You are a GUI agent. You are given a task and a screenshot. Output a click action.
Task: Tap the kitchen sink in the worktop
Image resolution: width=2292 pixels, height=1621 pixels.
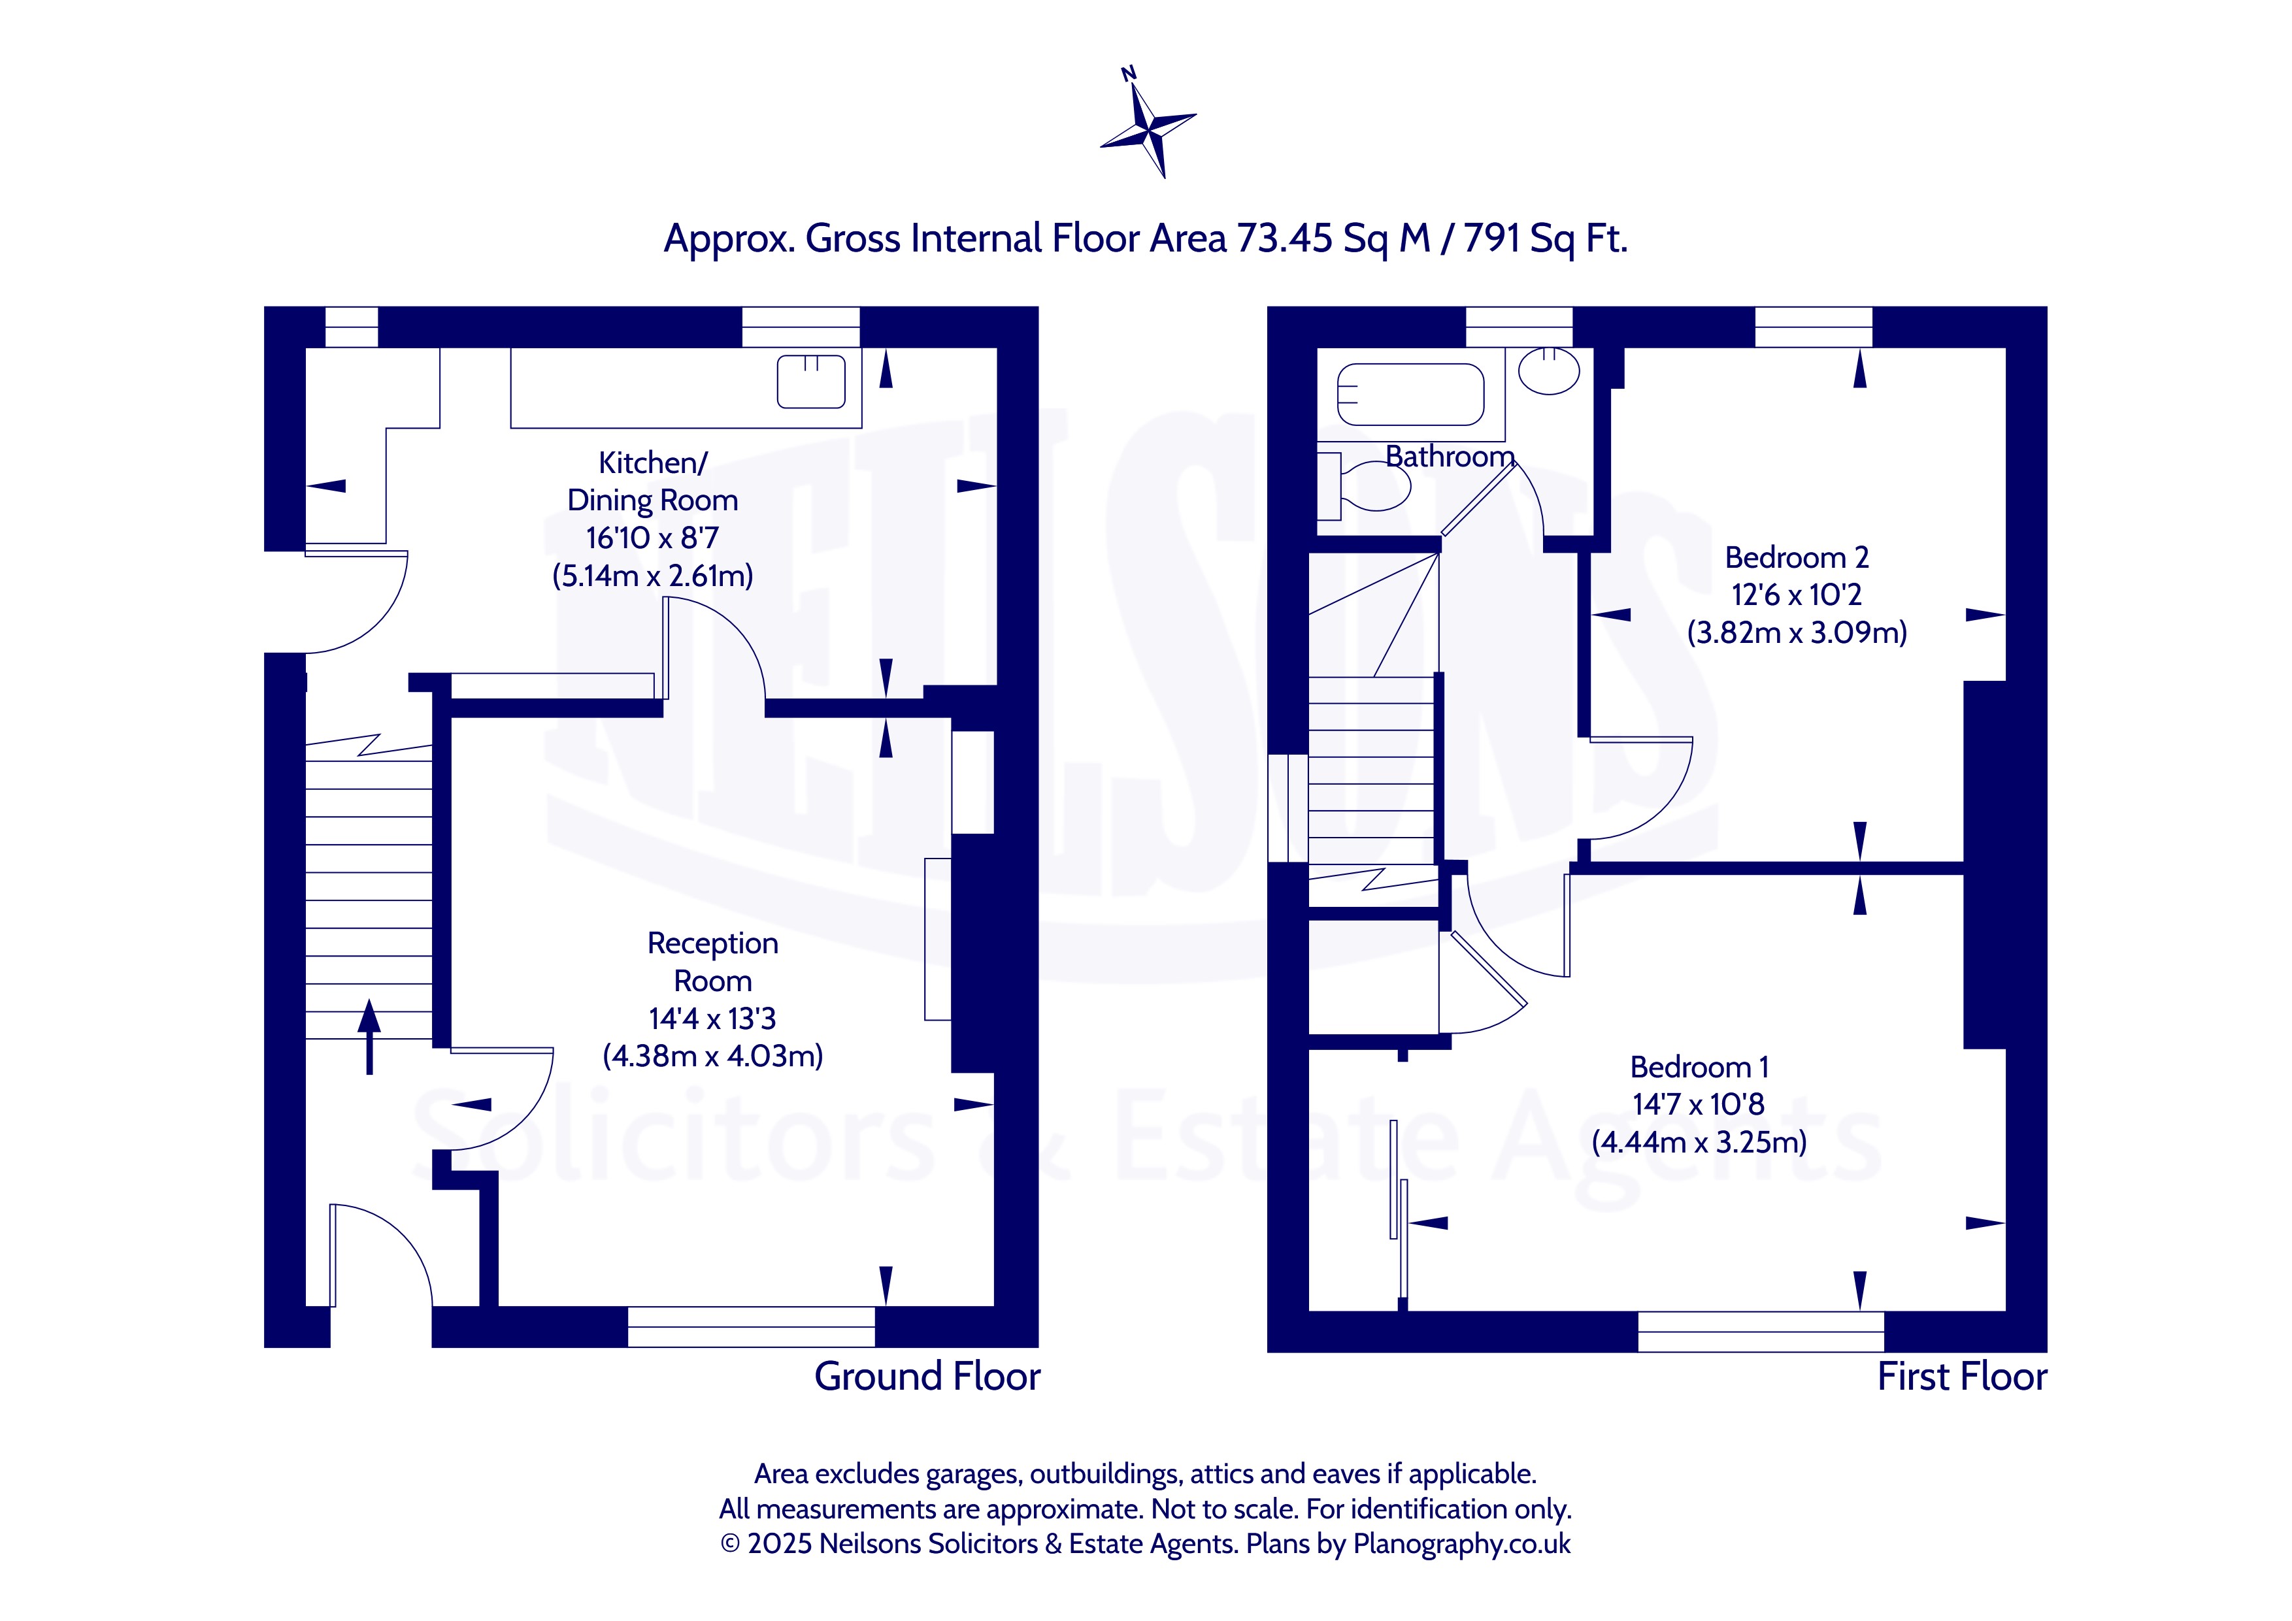[x=810, y=382]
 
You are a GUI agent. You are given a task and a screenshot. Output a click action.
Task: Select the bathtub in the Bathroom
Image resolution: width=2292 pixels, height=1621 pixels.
[x=1410, y=395]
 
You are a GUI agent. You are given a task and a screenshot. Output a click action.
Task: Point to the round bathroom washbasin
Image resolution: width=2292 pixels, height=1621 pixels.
[x=1550, y=370]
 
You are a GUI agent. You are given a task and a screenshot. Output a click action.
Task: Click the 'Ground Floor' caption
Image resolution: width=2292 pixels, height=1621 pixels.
[x=927, y=1377]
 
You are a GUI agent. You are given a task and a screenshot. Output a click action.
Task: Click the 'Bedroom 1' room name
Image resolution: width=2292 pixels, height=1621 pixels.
[x=1699, y=1067]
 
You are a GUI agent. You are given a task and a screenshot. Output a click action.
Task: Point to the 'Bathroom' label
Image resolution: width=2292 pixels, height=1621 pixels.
[x=1450, y=456]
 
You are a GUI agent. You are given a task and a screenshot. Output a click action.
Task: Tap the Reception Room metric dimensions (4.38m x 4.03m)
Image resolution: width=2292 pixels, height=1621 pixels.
[x=713, y=1056]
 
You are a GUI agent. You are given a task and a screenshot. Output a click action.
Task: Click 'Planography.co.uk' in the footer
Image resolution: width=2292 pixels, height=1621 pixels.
[x=1461, y=1544]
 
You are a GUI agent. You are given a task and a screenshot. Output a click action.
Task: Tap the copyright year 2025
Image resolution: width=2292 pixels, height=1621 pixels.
[x=780, y=1544]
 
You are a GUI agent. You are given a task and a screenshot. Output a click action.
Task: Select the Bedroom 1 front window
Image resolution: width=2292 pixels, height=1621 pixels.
[x=1761, y=1332]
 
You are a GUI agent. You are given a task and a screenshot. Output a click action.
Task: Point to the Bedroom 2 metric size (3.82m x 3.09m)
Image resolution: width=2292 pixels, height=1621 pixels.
[x=1797, y=633]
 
